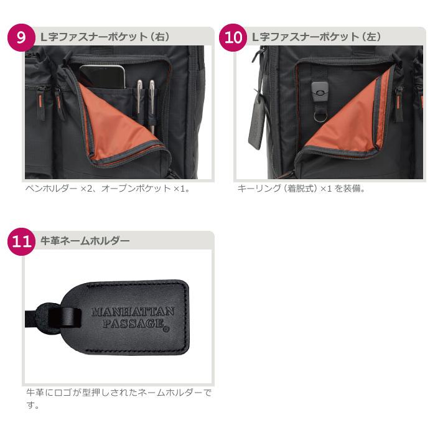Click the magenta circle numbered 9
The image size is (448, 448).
pyautogui.click(x=21, y=37)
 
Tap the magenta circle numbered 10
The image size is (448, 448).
pyautogui.click(x=233, y=37)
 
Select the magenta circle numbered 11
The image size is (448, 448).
pyautogui.click(x=21, y=241)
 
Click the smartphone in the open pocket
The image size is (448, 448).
pyautogui.click(x=103, y=77)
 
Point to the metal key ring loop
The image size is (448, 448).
pyautogui.click(x=320, y=116)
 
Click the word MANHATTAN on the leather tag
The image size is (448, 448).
pyautogui.click(x=133, y=312)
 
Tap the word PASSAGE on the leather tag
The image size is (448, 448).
pyautogui.click(x=133, y=324)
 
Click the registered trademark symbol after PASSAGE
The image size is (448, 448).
pyautogui.click(x=166, y=329)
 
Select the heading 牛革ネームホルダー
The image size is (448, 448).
pyautogui.click(x=85, y=241)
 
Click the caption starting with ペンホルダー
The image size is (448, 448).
pyautogui.click(x=108, y=189)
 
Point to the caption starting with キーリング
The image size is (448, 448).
pyautogui.click(x=301, y=189)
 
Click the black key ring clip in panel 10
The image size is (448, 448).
pyautogui.click(x=320, y=91)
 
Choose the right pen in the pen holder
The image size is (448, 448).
pyautogui.click(x=152, y=106)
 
